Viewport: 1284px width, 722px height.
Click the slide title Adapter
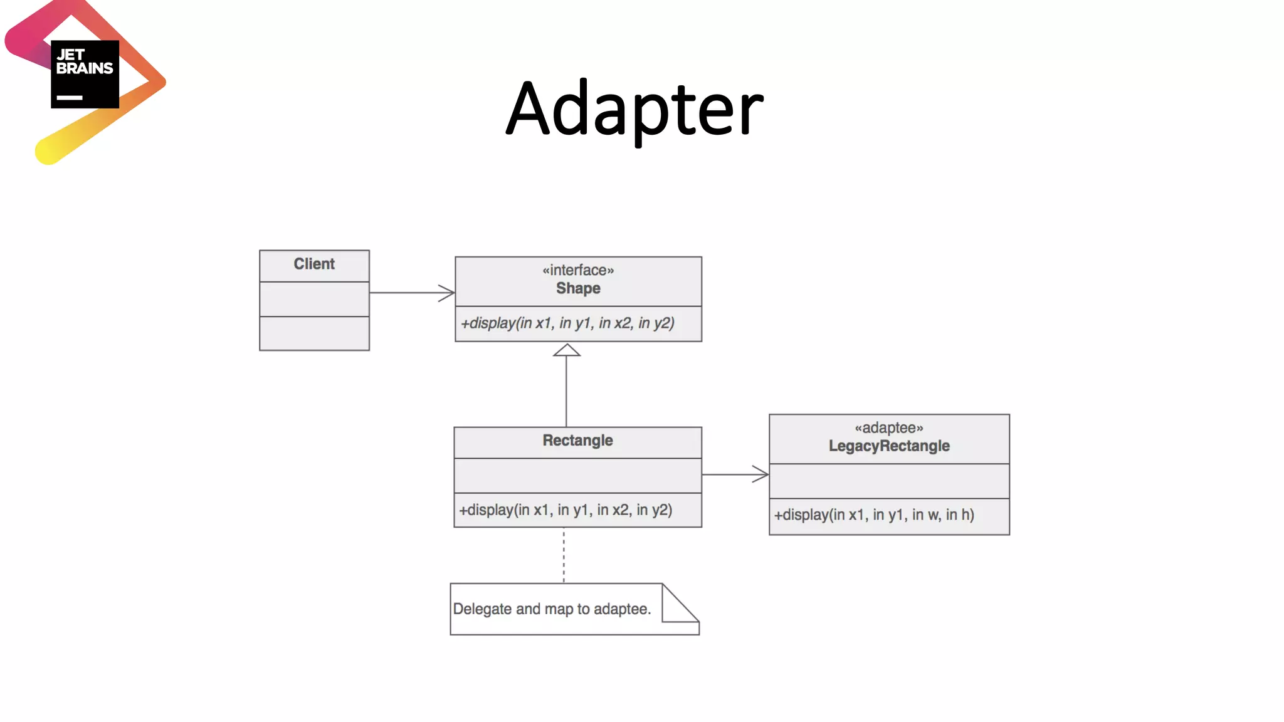point(634,110)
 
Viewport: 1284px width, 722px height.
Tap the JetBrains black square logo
point(85,74)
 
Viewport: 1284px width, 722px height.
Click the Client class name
point(314,264)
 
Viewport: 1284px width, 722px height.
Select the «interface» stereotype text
point(578,270)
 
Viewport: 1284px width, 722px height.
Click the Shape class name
point(578,288)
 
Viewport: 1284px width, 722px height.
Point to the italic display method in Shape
point(567,323)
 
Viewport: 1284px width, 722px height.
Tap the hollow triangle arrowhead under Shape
point(567,350)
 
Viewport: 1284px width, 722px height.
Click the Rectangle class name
point(577,441)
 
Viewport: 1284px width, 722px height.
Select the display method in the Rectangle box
point(566,510)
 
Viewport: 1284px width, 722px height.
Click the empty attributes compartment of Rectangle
point(577,476)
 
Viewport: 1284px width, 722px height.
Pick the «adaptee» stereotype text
point(889,428)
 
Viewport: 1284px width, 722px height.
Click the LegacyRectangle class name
point(889,446)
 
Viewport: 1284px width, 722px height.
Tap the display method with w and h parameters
point(874,515)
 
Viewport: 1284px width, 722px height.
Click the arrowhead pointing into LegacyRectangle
point(761,474)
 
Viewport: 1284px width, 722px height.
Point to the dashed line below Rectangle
point(564,555)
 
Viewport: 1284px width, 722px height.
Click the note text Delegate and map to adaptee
point(552,609)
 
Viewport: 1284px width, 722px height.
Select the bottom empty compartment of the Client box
point(314,333)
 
